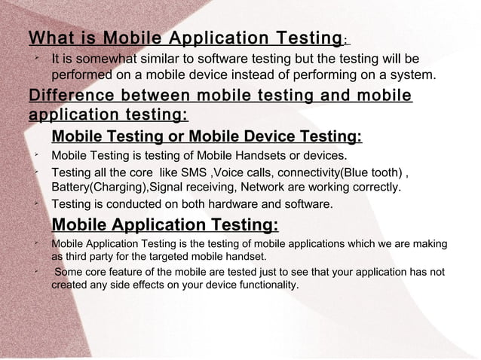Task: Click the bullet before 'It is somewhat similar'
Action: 36,57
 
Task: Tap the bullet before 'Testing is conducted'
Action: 36,203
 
